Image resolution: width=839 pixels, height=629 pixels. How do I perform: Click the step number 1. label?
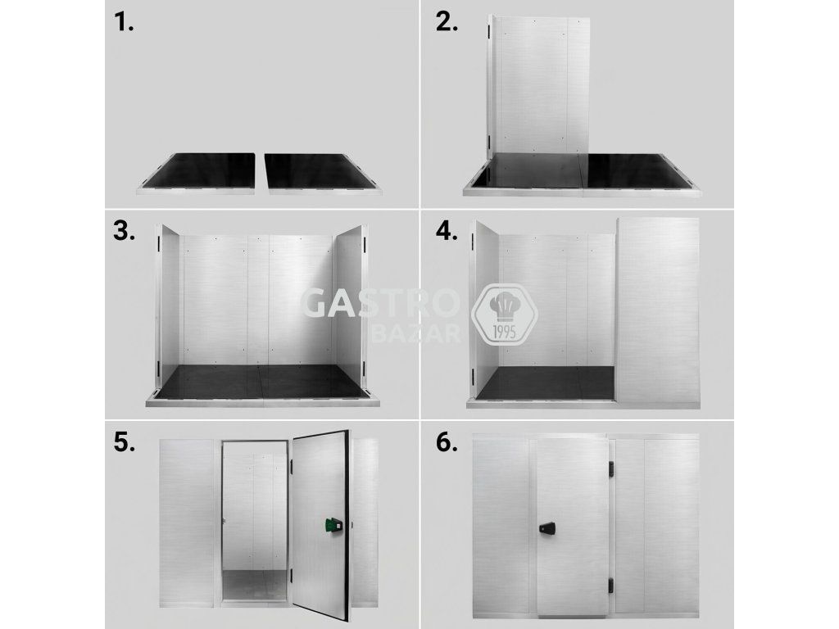coord(124,22)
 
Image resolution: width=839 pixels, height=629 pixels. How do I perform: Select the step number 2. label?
coord(447,22)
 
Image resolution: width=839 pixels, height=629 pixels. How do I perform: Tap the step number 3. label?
coord(125,231)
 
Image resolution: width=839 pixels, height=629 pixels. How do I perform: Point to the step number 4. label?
coord(447,231)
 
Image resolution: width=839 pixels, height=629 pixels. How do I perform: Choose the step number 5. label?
coord(125,442)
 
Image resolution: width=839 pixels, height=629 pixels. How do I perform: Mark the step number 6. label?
coord(447,442)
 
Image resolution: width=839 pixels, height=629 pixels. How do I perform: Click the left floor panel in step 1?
coord(197,174)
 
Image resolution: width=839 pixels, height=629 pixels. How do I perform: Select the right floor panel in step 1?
coord(322,174)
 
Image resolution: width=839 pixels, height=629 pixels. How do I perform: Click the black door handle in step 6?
coord(548,528)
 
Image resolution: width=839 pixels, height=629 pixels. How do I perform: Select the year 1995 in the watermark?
coord(503,333)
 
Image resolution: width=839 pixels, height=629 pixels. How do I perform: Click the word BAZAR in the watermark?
coord(415,333)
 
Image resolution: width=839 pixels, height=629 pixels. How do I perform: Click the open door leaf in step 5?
coord(321,523)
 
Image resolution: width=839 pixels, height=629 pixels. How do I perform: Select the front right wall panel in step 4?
coord(658,313)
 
